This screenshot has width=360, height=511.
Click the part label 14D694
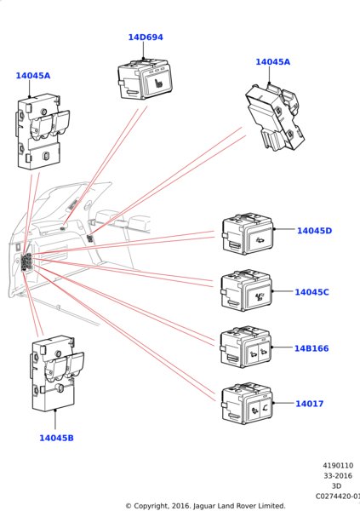[146, 37]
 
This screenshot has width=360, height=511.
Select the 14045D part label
[314, 231]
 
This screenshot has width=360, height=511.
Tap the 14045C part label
[311, 292]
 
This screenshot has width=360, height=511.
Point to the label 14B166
[311, 348]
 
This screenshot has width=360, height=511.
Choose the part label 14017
[310, 404]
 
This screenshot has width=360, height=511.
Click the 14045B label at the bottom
[56, 438]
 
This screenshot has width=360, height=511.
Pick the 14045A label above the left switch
[33, 76]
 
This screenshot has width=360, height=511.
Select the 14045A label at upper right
[272, 62]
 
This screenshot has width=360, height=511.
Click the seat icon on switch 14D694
[158, 83]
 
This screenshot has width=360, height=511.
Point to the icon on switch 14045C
[260, 297]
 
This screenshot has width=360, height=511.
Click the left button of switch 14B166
[253, 353]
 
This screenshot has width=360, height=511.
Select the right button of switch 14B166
[265, 352]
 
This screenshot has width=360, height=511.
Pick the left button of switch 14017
[254, 411]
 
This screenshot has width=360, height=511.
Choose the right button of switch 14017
[266, 408]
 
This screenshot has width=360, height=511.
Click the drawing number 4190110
[338, 465]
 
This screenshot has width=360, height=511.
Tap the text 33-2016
[338, 476]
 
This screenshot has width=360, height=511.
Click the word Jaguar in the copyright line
[204, 506]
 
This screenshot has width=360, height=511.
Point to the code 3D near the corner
[336, 486]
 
